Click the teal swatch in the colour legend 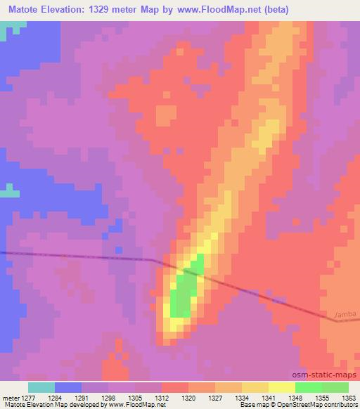point(41,387)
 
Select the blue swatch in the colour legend point(68,387)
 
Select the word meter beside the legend point(11,397)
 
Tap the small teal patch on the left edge point(9,190)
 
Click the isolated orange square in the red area point(166,115)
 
